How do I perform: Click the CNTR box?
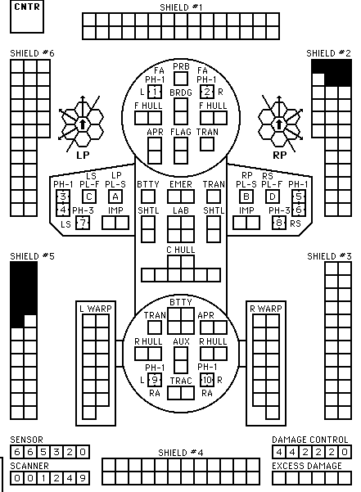(27, 16)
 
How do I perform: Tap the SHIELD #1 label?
(181, 7)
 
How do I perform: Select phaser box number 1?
(155, 92)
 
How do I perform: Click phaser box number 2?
(207, 92)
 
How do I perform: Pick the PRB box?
(181, 79)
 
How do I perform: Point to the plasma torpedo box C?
(89, 196)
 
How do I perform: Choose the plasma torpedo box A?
(115, 196)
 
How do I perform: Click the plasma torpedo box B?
(246, 196)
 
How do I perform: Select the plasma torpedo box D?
(273, 196)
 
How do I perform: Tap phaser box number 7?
(83, 223)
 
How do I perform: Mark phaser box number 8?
(279, 223)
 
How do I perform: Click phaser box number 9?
(155, 380)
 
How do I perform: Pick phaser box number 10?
(207, 380)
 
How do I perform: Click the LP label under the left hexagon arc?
(83, 155)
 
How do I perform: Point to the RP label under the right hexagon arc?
(279, 155)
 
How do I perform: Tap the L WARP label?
(96, 309)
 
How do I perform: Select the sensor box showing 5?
(43, 452)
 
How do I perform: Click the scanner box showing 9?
(83, 478)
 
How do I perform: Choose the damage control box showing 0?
(345, 452)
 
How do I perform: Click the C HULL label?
(181, 250)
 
